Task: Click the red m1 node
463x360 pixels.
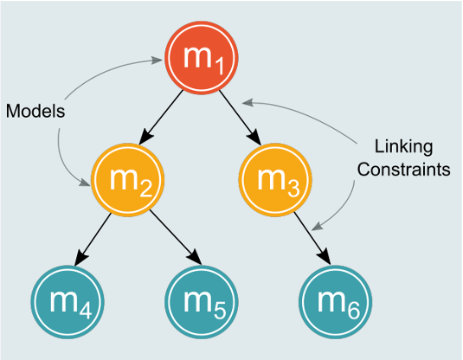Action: (x=202, y=58)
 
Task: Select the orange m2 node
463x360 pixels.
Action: (x=127, y=180)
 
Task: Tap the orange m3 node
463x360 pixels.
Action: (x=275, y=180)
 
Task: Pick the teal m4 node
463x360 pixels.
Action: (x=68, y=302)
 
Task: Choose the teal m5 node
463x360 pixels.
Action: (x=202, y=302)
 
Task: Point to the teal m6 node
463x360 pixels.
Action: (x=336, y=302)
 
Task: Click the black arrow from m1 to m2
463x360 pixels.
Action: (x=161, y=117)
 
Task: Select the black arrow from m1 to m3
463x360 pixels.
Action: (x=240, y=118)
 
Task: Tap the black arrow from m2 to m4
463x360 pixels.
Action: (x=93, y=239)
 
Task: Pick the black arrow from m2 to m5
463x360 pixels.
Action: (x=176, y=237)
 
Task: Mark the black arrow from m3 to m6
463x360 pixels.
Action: (x=312, y=238)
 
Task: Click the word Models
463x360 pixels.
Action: (x=35, y=112)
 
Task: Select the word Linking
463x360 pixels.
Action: (x=403, y=147)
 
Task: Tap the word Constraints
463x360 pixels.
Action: (x=403, y=170)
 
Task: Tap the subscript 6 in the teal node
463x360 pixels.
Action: (x=354, y=311)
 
